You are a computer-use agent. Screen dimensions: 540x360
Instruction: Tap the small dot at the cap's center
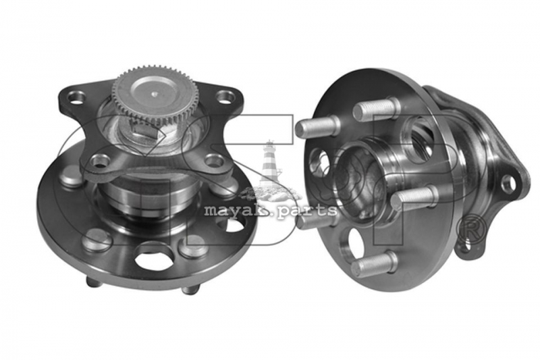point(155,93)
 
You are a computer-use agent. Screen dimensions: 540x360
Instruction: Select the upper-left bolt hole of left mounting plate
point(76,97)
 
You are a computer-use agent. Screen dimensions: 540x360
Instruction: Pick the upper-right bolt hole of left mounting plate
point(225,97)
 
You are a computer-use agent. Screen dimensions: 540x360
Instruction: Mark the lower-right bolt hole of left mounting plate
point(214,160)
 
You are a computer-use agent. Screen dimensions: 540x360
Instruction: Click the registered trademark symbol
point(471,230)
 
